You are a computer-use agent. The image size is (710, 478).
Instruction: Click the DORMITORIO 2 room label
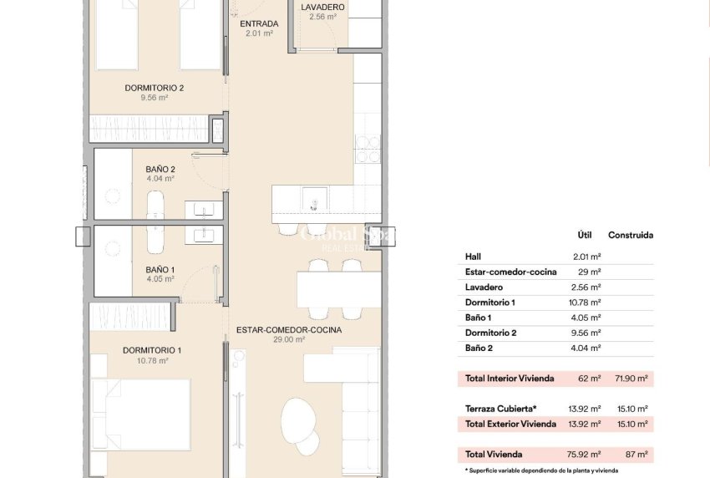(x=154, y=88)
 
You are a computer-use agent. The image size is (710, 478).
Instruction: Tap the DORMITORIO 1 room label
(x=152, y=350)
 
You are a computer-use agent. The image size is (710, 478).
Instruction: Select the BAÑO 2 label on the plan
(x=160, y=168)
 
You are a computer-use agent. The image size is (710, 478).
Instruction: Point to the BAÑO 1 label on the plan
(x=160, y=269)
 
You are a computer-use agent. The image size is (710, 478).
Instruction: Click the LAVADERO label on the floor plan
(x=322, y=8)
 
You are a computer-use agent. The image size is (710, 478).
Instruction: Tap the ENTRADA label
(x=259, y=23)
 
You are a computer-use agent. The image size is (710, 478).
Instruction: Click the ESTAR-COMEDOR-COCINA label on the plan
(x=288, y=329)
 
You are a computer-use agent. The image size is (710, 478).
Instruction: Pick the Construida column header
(x=631, y=235)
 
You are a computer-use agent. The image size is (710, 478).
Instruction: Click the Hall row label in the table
(x=473, y=257)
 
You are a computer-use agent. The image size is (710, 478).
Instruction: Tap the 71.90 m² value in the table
(x=631, y=379)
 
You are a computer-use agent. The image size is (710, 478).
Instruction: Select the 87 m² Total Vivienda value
(x=636, y=455)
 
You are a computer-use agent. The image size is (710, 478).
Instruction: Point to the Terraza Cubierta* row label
(x=501, y=409)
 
